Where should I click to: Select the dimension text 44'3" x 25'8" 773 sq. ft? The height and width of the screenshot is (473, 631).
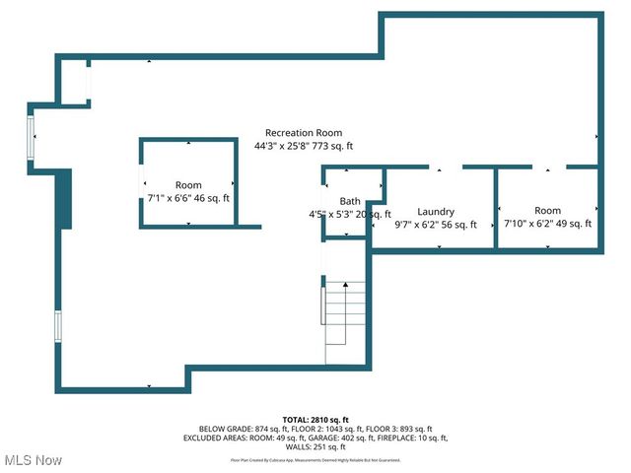click(x=303, y=146)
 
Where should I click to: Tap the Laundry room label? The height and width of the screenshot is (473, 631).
click(x=435, y=212)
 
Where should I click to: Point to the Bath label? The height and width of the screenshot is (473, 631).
click(x=350, y=201)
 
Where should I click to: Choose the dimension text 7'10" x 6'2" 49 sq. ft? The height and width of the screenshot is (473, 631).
click(x=547, y=224)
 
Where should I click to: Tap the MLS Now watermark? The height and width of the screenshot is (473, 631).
click(x=34, y=459)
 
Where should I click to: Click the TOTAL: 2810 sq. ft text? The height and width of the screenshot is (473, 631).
click(x=315, y=419)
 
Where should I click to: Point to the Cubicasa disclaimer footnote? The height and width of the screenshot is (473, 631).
click(x=315, y=459)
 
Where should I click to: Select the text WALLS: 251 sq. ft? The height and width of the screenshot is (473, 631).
click(x=315, y=446)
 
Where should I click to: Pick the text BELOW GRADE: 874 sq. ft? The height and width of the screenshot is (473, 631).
click(x=240, y=429)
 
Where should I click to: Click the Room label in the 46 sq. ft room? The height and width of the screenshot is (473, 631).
click(x=188, y=185)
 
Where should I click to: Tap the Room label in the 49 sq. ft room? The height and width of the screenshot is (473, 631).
click(x=547, y=211)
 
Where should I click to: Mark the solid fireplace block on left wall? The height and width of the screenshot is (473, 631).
click(x=64, y=198)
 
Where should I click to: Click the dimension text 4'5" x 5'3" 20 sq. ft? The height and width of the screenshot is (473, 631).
click(x=350, y=214)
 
